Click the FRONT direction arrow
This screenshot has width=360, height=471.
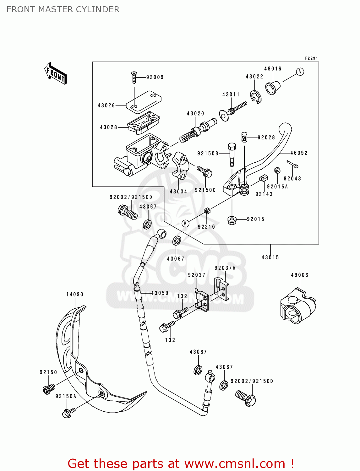(x=56, y=73)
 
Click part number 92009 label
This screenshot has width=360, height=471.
(x=155, y=77)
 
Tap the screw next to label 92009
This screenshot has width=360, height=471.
(x=134, y=77)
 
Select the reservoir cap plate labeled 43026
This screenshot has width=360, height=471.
(x=144, y=101)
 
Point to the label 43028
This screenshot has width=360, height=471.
(x=108, y=127)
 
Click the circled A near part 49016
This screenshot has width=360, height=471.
(x=300, y=72)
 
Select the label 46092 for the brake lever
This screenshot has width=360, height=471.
(x=299, y=153)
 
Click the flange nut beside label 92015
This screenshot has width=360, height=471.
(x=232, y=220)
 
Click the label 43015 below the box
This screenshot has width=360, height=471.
(x=270, y=257)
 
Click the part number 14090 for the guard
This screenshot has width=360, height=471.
(x=75, y=295)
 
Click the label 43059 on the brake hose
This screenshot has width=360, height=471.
(x=160, y=293)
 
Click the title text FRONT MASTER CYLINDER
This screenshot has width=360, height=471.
(x=63, y=9)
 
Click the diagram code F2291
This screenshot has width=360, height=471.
(x=311, y=58)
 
